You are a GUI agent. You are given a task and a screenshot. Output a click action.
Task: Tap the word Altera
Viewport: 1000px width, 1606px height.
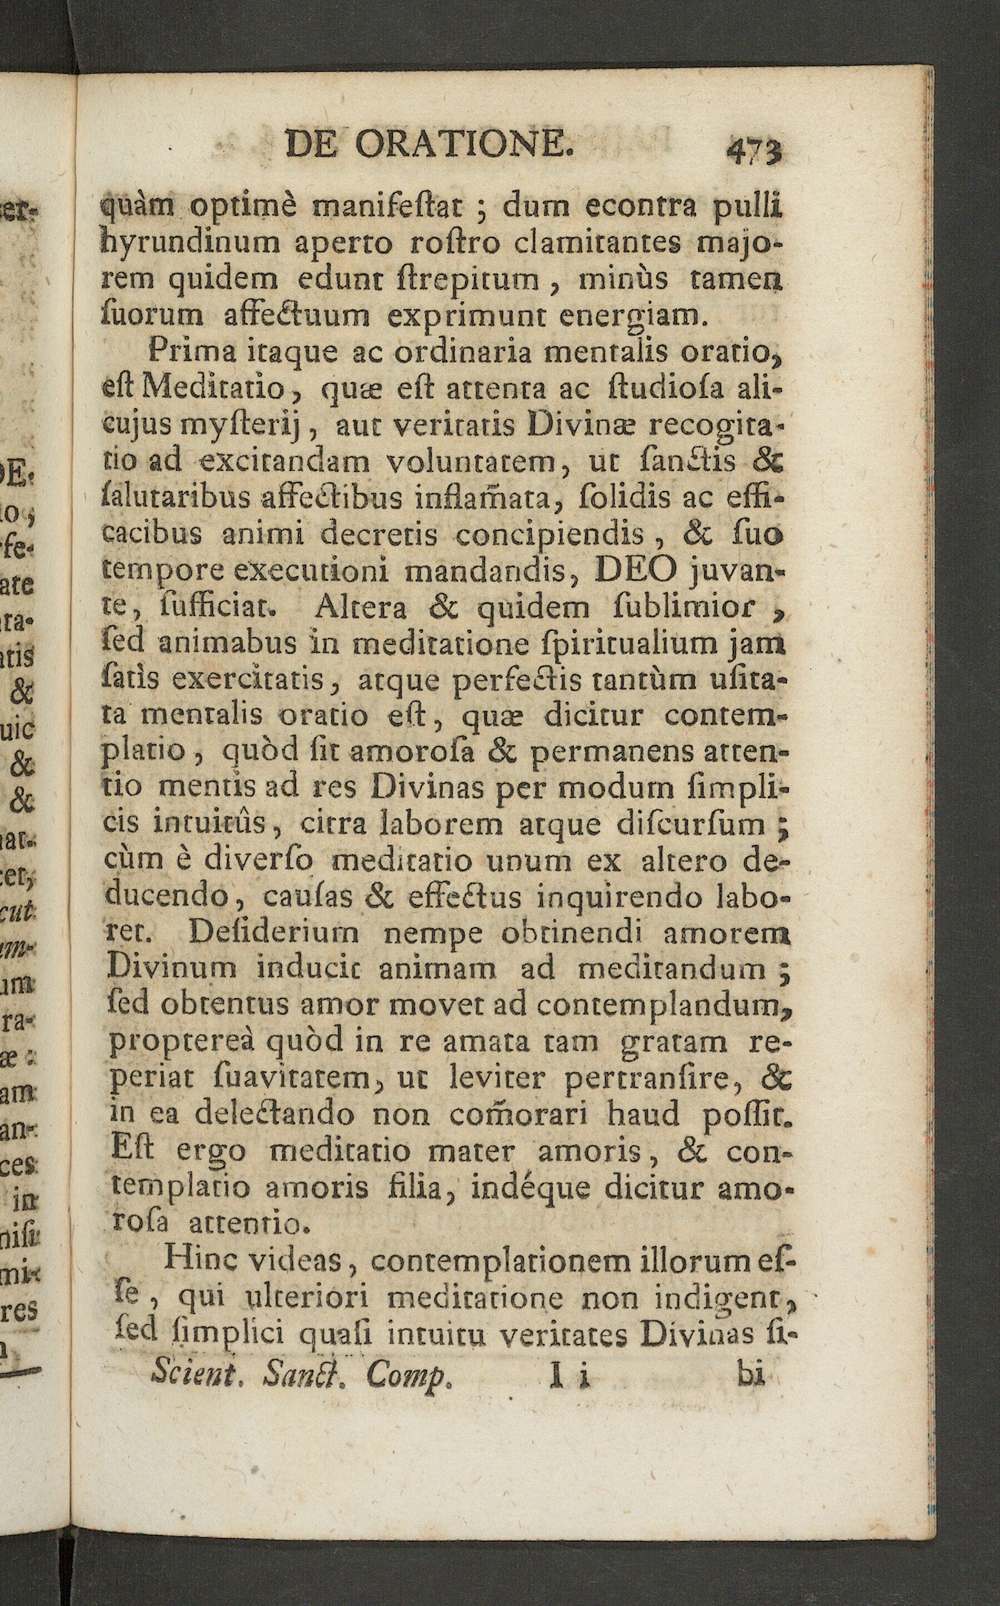(x=359, y=608)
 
